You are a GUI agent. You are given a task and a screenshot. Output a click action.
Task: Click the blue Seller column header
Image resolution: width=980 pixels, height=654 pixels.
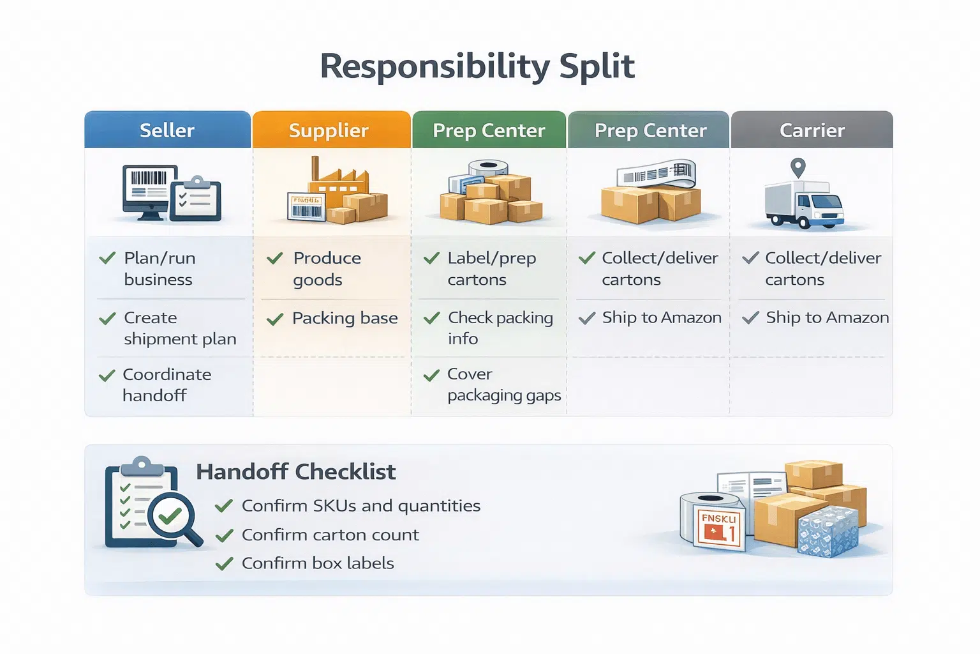pos(167,130)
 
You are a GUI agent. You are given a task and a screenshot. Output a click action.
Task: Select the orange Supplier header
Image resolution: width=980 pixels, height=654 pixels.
pos(329,130)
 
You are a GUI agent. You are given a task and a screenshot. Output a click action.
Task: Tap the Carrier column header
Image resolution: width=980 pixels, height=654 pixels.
pos(812,130)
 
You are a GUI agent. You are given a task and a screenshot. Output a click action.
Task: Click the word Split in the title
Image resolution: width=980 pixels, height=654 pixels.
pos(597,66)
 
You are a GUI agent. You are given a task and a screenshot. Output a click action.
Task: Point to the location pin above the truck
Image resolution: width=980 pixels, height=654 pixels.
pos(798,168)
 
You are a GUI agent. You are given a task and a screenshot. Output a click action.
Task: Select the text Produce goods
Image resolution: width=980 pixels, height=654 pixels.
pos(327,269)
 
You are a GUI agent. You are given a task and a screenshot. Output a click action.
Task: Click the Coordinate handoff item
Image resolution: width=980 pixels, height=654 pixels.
pos(166,384)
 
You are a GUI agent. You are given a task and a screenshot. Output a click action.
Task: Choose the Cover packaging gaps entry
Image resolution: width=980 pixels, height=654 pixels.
pos(503,384)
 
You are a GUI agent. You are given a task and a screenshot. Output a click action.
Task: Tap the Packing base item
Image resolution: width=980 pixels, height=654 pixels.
pos(345,318)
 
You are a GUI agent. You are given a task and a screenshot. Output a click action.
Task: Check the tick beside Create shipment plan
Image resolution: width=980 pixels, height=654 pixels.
pos(107,318)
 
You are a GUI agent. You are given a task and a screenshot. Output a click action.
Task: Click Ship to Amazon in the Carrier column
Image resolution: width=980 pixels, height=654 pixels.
pos(827,317)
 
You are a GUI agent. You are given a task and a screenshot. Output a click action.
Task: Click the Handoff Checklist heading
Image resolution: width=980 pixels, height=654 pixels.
pos(296,472)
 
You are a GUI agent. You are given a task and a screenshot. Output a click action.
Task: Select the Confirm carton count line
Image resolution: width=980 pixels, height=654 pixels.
pos(330,535)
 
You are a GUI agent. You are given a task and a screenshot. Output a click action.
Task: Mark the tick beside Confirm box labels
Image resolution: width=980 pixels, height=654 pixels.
pos(224,563)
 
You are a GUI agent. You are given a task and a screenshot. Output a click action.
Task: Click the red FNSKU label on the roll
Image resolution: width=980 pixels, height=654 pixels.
pos(719,527)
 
